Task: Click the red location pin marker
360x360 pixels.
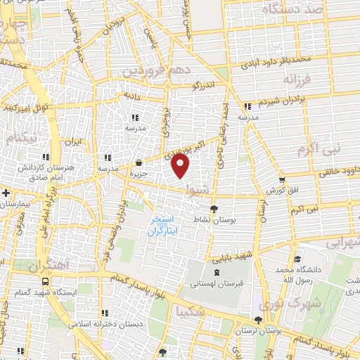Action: point(181,167)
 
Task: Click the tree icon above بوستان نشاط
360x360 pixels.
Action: point(214,208)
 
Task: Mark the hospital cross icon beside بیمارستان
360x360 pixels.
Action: point(6,192)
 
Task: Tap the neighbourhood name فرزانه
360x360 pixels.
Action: point(307,80)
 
